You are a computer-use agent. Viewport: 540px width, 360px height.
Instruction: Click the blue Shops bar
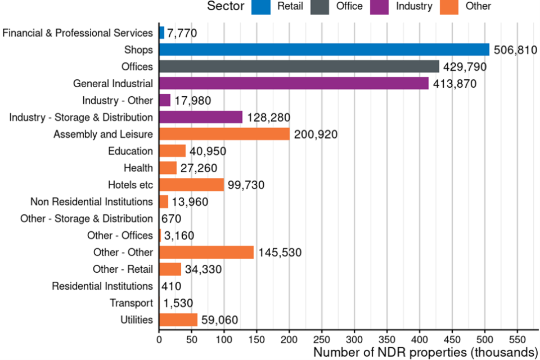click(x=324, y=49)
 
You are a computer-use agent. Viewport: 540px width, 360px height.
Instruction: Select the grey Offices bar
click(x=299, y=66)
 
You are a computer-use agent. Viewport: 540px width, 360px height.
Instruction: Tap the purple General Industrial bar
click(x=294, y=83)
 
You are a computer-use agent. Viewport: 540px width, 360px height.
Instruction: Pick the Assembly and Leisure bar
click(x=224, y=134)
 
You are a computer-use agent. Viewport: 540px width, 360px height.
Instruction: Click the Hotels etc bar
click(x=191, y=184)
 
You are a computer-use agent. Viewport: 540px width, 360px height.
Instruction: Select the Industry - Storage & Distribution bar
click(x=200, y=117)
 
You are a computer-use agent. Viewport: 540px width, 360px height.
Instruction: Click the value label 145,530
click(x=280, y=253)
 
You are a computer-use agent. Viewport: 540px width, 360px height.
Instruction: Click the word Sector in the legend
click(x=226, y=6)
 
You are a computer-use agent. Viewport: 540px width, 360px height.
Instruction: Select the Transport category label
click(x=131, y=303)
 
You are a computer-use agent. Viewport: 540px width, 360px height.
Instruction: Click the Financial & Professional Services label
click(x=78, y=33)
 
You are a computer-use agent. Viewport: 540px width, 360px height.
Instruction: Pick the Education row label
click(x=130, y=151)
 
